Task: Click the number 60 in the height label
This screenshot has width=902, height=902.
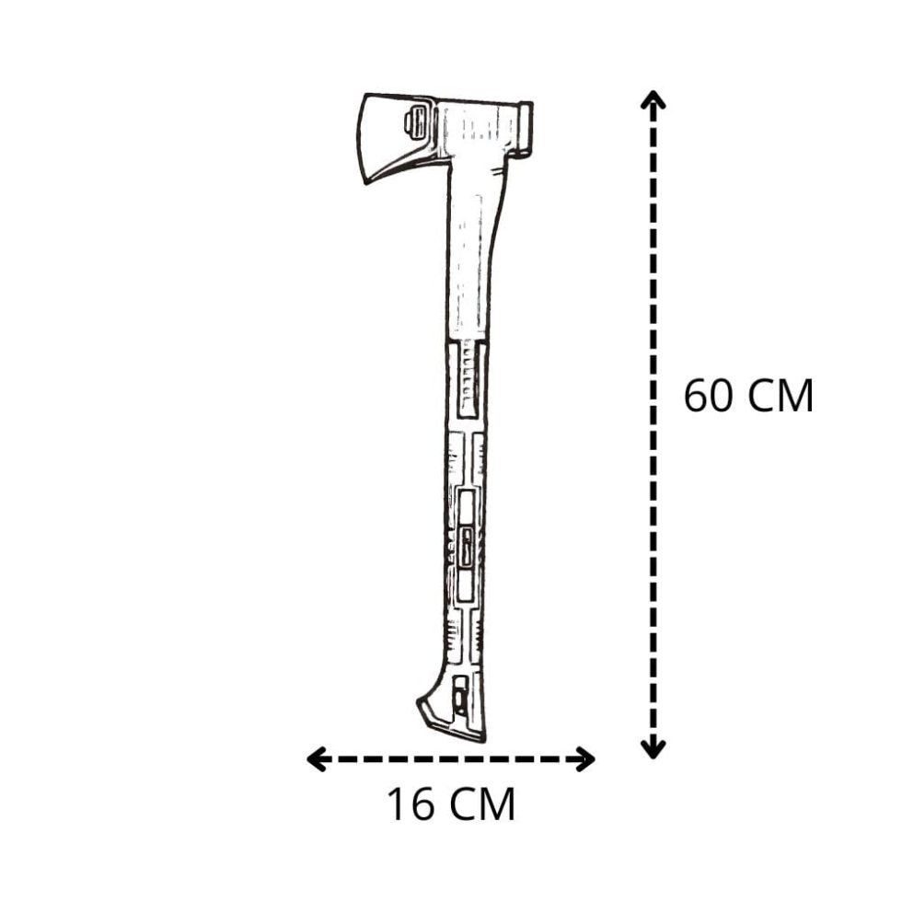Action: coord(710,397)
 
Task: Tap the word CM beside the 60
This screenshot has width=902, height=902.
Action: coord(780,397)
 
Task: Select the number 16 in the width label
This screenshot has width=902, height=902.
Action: coord(411,805)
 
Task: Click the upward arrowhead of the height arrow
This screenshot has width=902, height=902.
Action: coord(653,99)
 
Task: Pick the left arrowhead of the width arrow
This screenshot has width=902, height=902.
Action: coord(316,759)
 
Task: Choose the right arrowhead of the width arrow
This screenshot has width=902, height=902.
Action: coord(585,759)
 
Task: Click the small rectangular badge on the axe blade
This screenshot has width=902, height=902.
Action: coord(416,122)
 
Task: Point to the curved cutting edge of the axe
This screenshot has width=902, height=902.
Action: coord(360,138)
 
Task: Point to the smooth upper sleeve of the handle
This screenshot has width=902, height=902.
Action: coord(474,258)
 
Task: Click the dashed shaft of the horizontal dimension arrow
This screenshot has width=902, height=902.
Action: coord(451,759)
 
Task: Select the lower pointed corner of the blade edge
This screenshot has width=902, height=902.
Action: coord(366,181)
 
